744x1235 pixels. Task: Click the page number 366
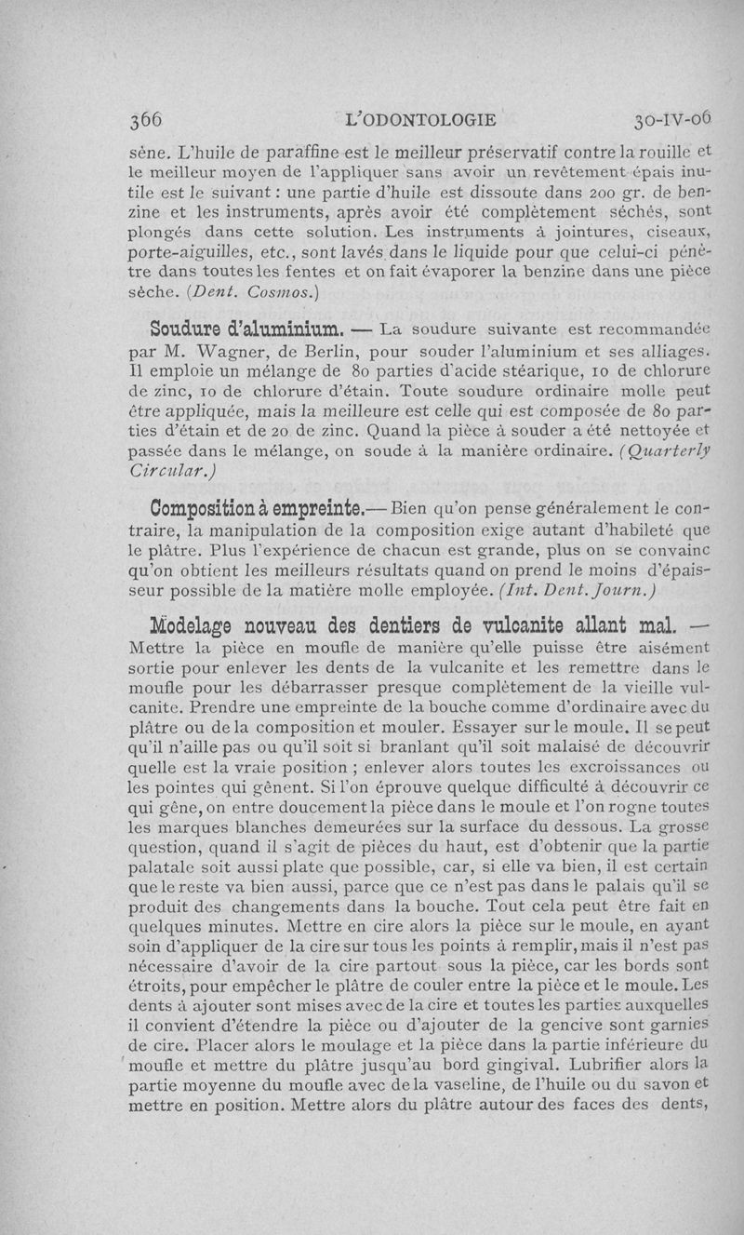click(147, 120)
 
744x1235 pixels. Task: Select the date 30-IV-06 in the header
click(671, 119)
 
